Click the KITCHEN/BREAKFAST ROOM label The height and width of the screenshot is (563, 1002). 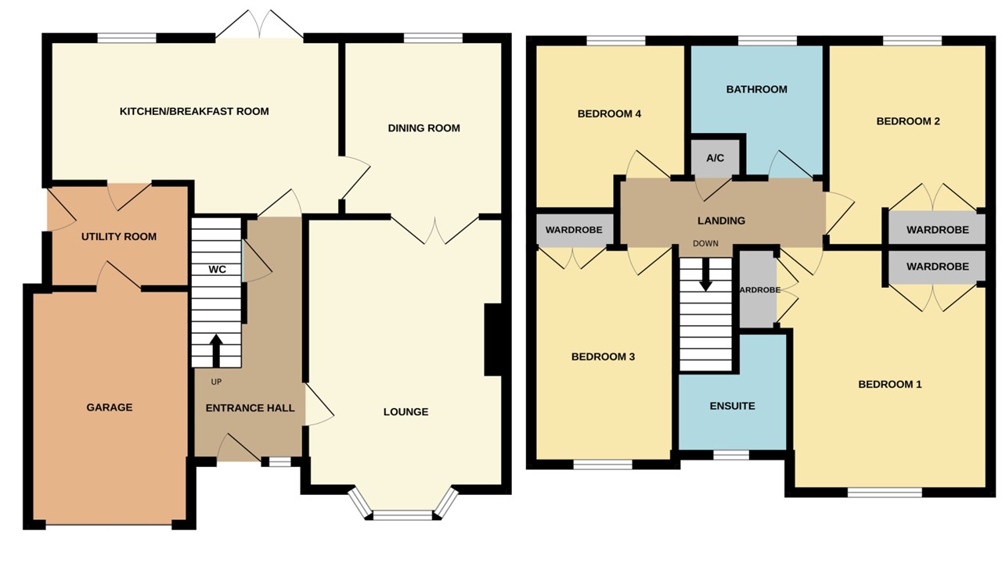pyautogui.click(x=193, y=112)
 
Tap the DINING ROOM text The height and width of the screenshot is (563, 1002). pyautogui.click(x=424, y=128)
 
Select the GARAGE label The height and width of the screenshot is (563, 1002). pyautogui.click(x=109, y=407)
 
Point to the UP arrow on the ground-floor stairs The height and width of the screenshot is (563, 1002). pyautogui.click(x=216, y=350)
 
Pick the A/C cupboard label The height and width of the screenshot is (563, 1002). pyautogui.click(x=715, y=159)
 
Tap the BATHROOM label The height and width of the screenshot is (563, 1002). pyautogui.click(x=756, y=89)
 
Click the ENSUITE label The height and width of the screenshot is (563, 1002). pyautogui.click(x=732, y=406)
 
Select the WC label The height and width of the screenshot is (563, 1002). pyautogui.click(x=217, y=270)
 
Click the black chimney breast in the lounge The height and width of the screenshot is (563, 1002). pyautogui.click(x=493, y=340)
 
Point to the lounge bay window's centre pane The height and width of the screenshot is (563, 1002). pyautogui.click(x=402, y=515)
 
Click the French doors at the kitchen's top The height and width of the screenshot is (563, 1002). pyautogui.click(x=259, y=26)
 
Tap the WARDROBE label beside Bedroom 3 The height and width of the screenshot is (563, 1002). pyautogui.click(x=574, y=231)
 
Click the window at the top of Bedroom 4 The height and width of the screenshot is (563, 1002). pyautogui.click(x=615, y=41)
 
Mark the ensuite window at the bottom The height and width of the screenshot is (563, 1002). pyautogui.click(x=731, y=454)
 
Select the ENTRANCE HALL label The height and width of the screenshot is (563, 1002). pyautogui.click(x=250, y=408)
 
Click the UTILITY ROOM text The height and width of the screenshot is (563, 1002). pyautogui.click(x=119, y=237)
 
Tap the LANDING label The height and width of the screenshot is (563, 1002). pyautogui.click(x=721, y=221)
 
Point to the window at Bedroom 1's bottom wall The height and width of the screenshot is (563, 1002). pyautogui.click(x=885, y=492)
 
